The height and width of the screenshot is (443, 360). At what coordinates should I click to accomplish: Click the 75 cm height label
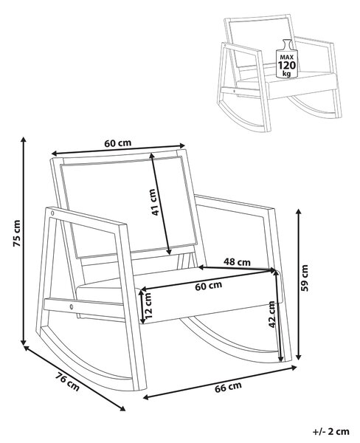[17, 233]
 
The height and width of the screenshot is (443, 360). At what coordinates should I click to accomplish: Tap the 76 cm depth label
[67, 382]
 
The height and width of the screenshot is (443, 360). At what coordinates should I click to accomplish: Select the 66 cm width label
[228, 387]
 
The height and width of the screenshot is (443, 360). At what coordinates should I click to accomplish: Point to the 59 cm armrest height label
[305, 278]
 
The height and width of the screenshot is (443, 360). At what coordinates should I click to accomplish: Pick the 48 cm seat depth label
[237, 262]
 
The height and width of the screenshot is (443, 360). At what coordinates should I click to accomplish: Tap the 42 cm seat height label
[271, 315]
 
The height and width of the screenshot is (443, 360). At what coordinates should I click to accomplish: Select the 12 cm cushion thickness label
[148, 306]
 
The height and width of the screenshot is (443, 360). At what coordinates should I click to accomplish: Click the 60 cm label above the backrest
[118, 143]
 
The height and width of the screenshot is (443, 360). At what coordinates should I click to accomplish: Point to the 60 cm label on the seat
[208, 286]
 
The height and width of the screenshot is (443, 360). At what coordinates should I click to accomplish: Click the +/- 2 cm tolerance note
[331, 432]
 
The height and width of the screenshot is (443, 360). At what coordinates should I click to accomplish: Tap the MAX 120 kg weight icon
[286, 58]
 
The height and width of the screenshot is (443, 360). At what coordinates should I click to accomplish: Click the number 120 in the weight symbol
[286, 65]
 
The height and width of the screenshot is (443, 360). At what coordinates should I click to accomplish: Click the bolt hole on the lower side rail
[72, 306]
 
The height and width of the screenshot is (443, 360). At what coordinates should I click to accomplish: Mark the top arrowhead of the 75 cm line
[24, 139]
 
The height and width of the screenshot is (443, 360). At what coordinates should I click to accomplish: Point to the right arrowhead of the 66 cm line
[294, 368]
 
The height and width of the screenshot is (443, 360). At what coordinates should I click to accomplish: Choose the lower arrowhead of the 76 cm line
[122, 408]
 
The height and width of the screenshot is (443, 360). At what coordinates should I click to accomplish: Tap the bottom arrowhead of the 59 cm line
[300, 357]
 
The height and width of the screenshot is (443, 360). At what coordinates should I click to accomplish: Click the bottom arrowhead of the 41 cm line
[169, 252]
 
